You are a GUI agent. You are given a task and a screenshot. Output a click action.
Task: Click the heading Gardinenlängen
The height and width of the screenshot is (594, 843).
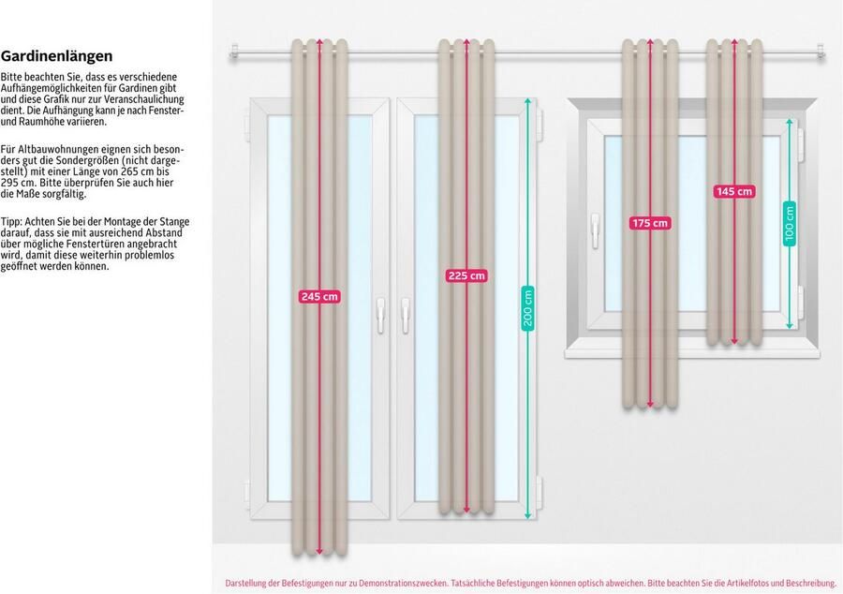click(57, 56)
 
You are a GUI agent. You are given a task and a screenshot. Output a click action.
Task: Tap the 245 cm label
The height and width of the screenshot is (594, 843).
click(319, 296)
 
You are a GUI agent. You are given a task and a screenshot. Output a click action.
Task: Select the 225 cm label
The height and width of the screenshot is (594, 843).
click(466, 275)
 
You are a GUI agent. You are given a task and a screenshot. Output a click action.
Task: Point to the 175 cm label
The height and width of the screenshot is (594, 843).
click(650, 223)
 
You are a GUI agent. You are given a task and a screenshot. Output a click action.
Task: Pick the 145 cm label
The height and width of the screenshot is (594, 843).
click(733, 191)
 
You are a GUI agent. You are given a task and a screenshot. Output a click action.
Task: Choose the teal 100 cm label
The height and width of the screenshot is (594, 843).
click(790, 223)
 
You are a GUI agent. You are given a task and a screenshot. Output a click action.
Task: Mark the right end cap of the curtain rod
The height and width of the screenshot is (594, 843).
click(821, 54)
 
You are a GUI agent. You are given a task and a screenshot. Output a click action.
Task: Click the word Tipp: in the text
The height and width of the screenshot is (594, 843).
click(12, 221)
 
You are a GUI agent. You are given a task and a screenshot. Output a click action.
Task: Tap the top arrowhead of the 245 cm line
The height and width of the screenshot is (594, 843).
click(320, 42)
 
